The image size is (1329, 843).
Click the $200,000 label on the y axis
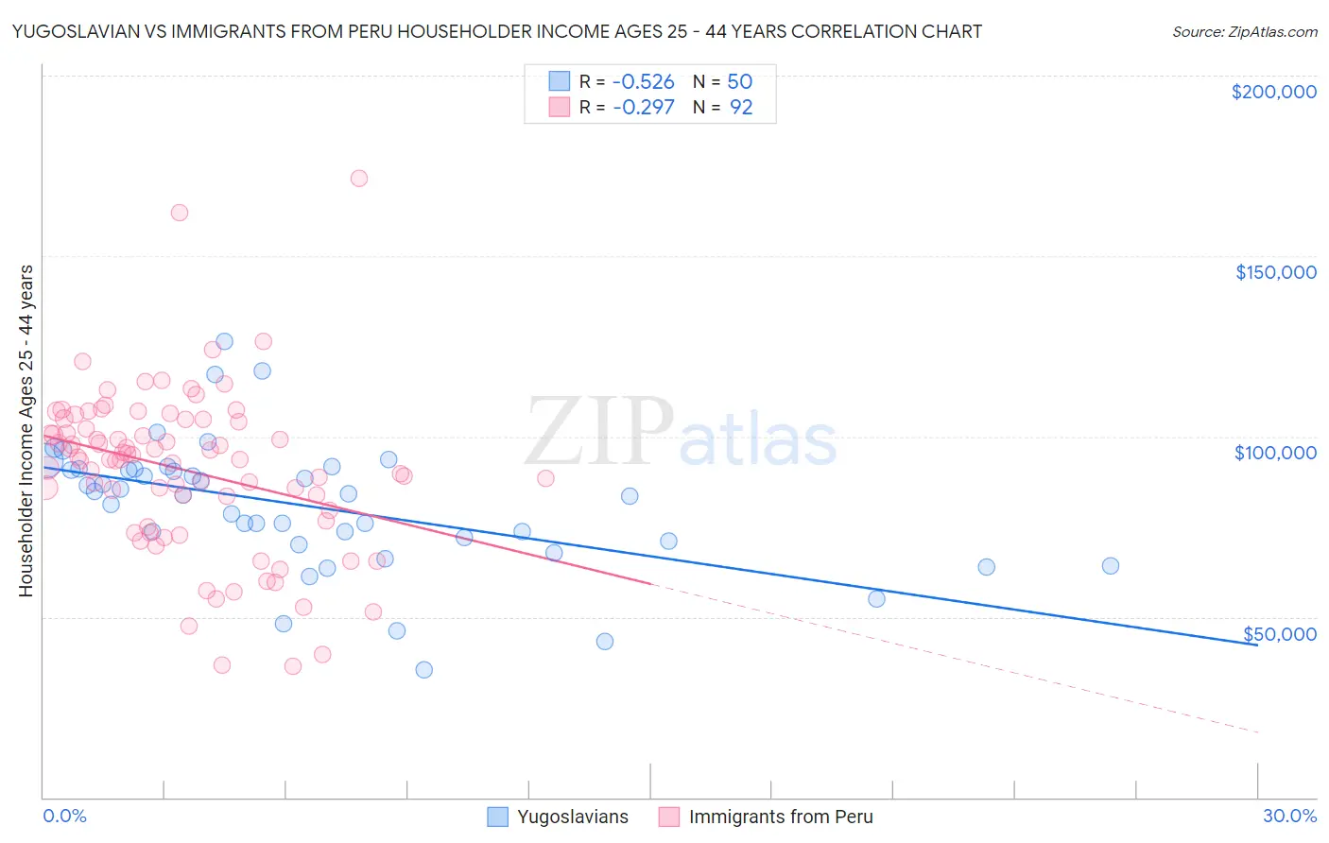pyautogui.click(x=1273, y=92)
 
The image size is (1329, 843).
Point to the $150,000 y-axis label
pyautogui.click(x=1275, y=272)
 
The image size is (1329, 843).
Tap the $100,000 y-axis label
pyautogui.click(x=1275, y=453)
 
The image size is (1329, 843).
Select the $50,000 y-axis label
pyautogui.click(x=1279, y=634)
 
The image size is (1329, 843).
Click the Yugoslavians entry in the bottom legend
pyautogui.click(x=572, y=817)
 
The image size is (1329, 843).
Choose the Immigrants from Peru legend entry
pyautogui.click(x=780, y=817)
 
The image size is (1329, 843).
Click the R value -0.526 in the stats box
pyautogui.click(x=643, y=82)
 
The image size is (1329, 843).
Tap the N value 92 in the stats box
pyautogui.click(x=741, y=108)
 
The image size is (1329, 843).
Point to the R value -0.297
pyautogui.click(x=643, y=108)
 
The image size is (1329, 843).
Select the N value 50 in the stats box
pyautogui.click(x=739, y=82)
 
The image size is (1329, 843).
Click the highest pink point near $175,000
pyautogui.click(x=358, y=178)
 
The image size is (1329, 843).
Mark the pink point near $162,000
pyautogui.click(x=179, y=213)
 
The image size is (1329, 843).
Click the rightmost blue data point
pyautogui.click(x=1111, y=566)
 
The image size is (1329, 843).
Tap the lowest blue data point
pyautogui.click(x=423, y=670)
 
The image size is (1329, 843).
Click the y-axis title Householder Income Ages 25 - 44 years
pyautogui.click(x=26, y=431)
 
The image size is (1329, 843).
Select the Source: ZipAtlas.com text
pyautogui.click(x=1244, y=32)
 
